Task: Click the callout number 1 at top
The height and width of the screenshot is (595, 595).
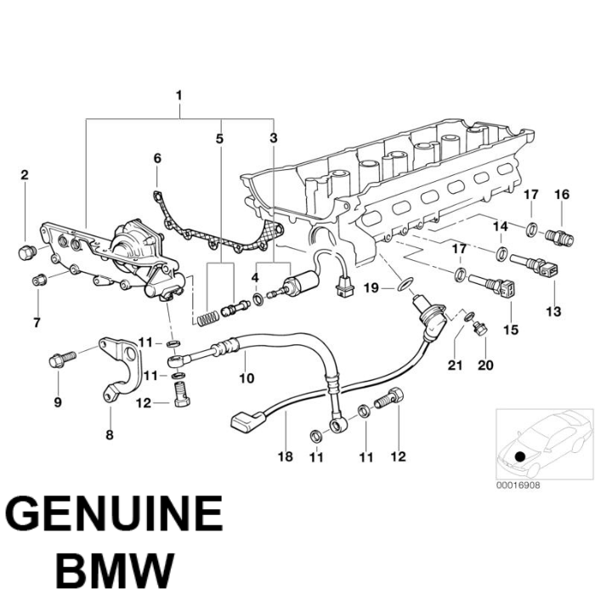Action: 179,94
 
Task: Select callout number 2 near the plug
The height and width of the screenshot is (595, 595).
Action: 25,175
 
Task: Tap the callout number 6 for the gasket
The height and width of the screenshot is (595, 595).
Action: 156,158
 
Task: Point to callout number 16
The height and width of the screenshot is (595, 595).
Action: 561,195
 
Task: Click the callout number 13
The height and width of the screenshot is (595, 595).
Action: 553,312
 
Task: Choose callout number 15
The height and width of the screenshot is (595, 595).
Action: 511,328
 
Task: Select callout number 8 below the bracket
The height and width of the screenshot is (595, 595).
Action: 109,435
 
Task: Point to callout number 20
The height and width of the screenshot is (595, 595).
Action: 484,365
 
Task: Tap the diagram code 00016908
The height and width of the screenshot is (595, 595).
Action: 517,485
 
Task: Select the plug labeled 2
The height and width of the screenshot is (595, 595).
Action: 26,252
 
